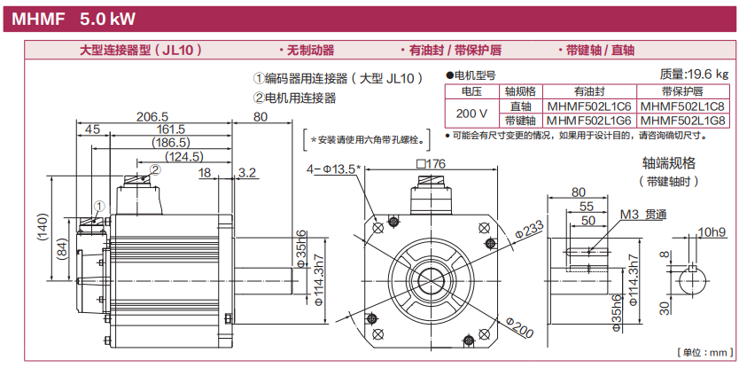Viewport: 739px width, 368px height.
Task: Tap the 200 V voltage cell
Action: tap(471, 113)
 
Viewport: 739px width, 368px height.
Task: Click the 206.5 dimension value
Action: tap(152, 117)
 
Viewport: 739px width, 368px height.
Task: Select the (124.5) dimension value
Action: tap(184, 157)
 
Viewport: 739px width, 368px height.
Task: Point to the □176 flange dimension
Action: tap(429, 164)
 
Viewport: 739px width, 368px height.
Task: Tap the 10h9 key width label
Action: tap(711, 232)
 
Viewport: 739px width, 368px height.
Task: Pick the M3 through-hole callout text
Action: tap(642, 214)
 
